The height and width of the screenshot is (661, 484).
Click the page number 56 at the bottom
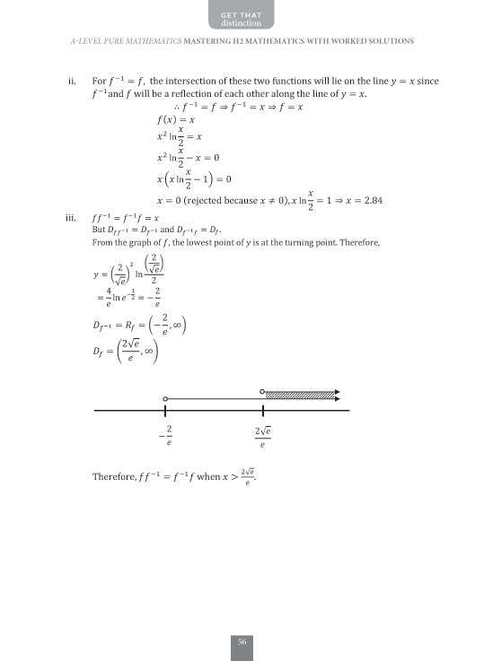tap(242, 641)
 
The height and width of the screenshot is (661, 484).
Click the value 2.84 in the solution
tap(371, 199)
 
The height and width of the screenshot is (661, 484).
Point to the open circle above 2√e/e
tap(261, 392)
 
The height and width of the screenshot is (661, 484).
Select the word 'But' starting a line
tap(100, 230)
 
